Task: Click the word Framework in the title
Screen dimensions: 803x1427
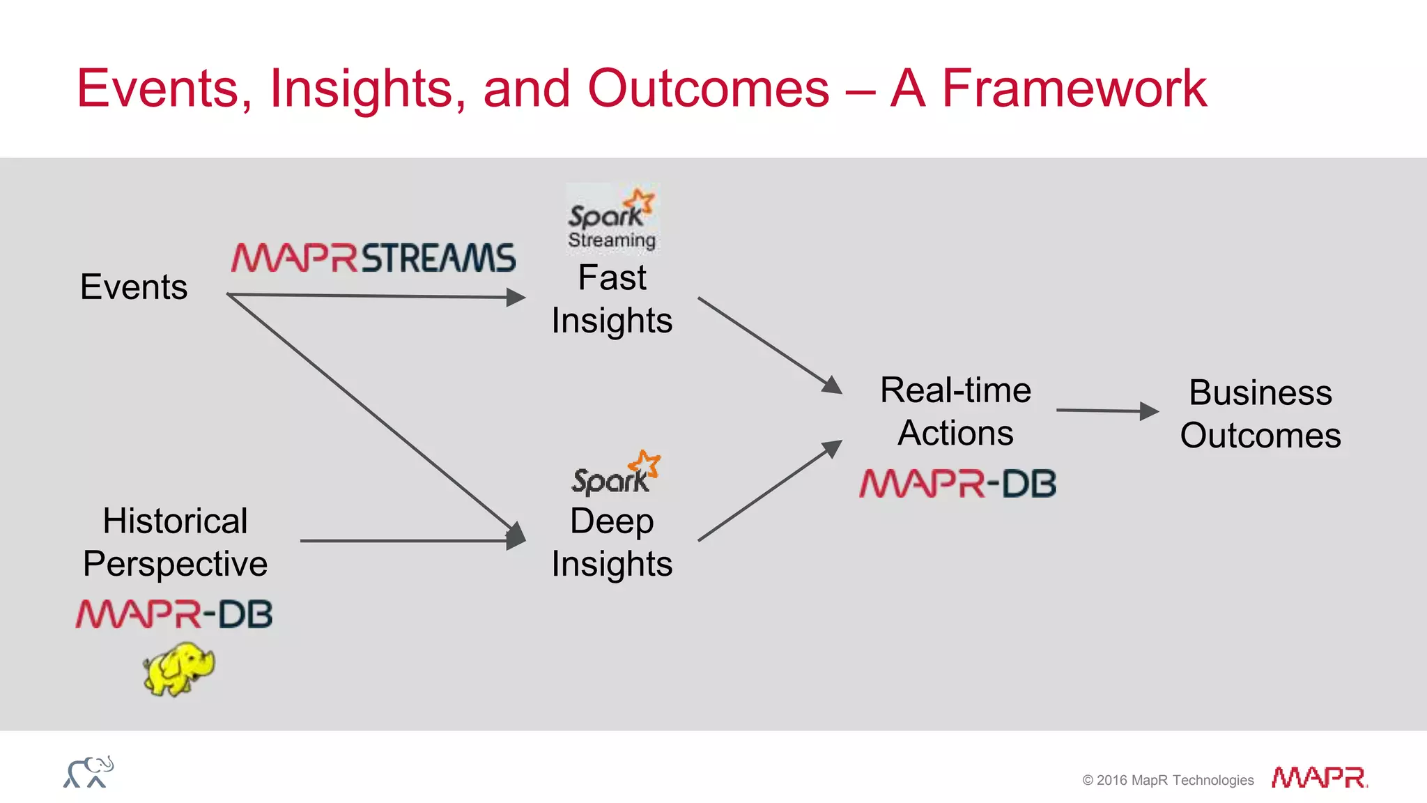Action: coord(1074,89)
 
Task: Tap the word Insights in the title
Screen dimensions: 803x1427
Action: coord(361,89)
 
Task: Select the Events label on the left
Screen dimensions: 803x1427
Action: coord(134,286)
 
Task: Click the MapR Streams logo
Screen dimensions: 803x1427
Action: coord(373,257)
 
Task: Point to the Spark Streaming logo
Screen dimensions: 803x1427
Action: coord(612,218)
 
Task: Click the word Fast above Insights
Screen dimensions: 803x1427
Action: coord(612,277)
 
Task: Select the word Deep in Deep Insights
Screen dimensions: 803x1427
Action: coord(612,521)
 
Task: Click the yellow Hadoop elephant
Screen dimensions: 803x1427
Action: coord(179,669)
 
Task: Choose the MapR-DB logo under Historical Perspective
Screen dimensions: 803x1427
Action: coord(174,614)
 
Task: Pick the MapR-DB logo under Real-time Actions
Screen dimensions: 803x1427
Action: coord(957,484)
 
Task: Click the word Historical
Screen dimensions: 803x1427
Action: coord(175,521)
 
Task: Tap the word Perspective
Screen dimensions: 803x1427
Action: coord(175,563)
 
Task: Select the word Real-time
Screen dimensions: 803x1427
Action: coord(955,390)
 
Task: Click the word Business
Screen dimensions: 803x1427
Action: coord(1260,392)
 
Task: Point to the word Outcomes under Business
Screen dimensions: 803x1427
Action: coord(1260,435)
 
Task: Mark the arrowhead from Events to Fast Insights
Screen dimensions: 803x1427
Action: coord(516,298)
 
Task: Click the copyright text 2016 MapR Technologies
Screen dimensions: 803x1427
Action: coord(1168,780)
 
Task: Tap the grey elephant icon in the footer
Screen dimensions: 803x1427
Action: coord(88,772)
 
